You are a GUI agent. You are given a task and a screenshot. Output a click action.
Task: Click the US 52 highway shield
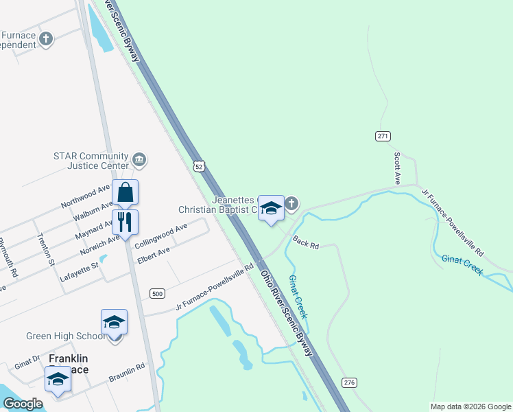[x=198, y=166]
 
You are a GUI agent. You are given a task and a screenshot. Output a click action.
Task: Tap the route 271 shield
[x=383, y=136]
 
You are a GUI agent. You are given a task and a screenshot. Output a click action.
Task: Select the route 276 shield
[x=348, y=382]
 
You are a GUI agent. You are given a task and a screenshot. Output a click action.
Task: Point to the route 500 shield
[x=158, y=293]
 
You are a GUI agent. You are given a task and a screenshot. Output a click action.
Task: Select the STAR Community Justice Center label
[x=91, y=161]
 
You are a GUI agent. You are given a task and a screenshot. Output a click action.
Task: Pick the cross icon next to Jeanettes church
[x=291, y=203]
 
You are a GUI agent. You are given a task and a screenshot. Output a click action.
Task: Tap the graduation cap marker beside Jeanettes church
[x=271, y=209]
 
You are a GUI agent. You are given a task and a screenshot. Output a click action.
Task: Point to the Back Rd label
[x=306, y=243]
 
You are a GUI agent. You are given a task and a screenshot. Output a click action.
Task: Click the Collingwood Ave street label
[x=161, y=237]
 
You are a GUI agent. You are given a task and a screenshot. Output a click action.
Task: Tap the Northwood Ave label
[x=85, y=196]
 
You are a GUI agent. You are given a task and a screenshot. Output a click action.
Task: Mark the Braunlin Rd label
[x=127, y=372]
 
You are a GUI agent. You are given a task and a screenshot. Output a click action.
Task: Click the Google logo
[x=23, y=404]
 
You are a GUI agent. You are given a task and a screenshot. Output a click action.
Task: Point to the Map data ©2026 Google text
[x=470, y=407]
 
